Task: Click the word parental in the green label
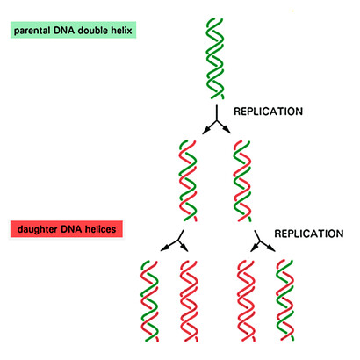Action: pos(32,31)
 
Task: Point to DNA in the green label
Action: pos(64,30)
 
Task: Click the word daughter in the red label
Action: pos(38,229)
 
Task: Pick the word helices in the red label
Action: pos(100,228)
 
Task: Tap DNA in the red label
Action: pos(71,228)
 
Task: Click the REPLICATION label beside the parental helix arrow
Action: pos(268,112)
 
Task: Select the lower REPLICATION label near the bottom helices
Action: pos(309,234)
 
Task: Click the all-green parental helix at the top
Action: pos(215,59)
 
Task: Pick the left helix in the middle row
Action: pos(188,181)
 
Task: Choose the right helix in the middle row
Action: pos(242,181)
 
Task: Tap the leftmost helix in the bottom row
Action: pos(150,301)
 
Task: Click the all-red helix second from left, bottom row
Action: pos(189,301)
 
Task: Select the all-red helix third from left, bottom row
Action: pos(246,301)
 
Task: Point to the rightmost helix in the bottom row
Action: pos(285,300)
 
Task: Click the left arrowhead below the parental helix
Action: pos(206,131)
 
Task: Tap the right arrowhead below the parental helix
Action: pos(227,130)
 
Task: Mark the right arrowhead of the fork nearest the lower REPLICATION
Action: pos(271,248)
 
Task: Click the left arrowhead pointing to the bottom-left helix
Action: pos(164,248)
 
